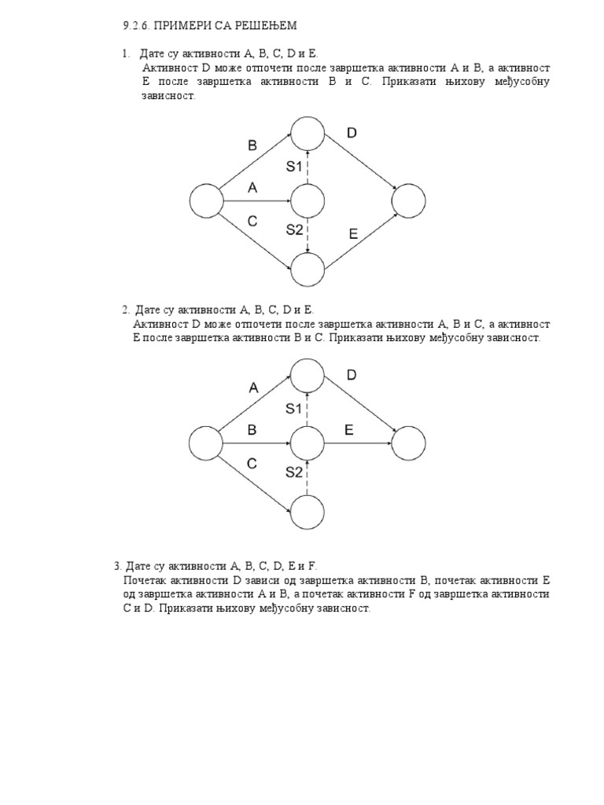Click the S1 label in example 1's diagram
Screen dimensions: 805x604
[x=294, y=166]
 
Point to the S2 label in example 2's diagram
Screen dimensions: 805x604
[x=294, y=472]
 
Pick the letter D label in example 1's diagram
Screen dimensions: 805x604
[x=352, y=133]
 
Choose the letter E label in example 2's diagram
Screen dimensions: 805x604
[x=348, y=429]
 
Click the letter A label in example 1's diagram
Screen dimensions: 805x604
[x=252, y=187]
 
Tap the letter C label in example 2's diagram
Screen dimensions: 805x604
[x=252, y=464]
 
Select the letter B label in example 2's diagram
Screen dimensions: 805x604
[x=252, y=429]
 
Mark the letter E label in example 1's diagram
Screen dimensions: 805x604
[x=353, y=233]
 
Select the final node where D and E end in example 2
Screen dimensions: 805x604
[x=408, y=443]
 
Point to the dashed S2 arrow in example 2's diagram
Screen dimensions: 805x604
[x=308, y=478]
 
